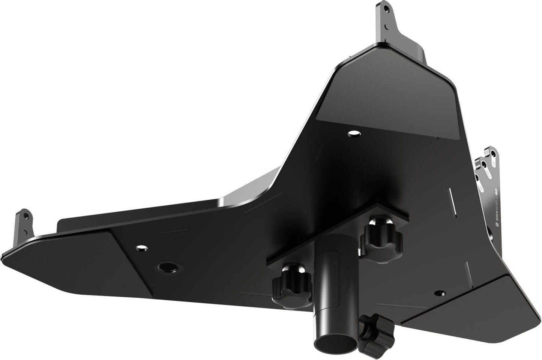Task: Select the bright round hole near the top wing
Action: point(353,133)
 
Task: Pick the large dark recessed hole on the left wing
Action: point(165,267)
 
